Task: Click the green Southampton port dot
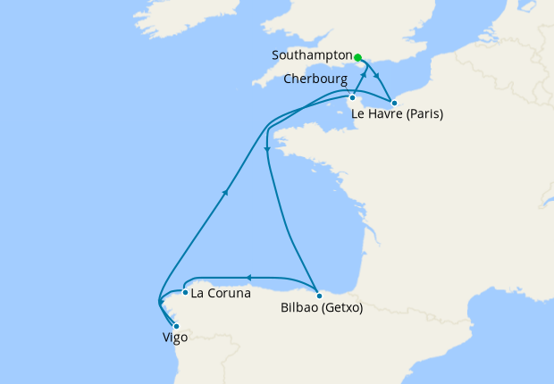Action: [x=357, y=57]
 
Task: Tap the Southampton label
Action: [x=313, y=55]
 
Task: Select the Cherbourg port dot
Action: [x=353, y=96]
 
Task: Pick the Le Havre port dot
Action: [x=394, y=103]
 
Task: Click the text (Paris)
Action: [x=424, y=114]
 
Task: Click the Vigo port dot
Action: [x=176, y=326]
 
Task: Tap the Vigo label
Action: [x=175, y=338]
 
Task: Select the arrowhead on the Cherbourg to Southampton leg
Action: [x=364, y=73]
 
